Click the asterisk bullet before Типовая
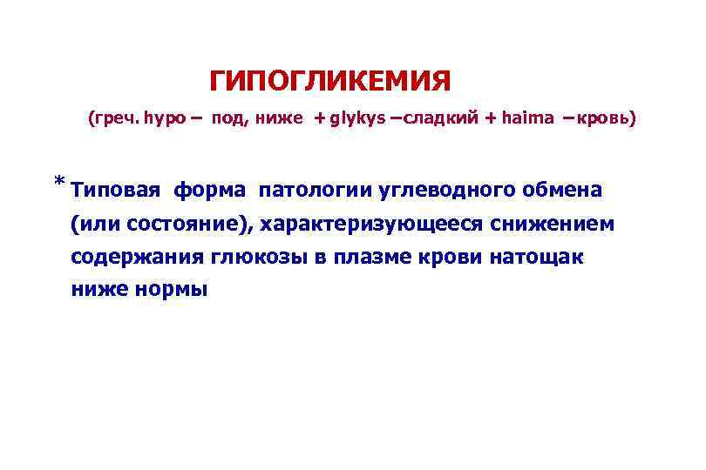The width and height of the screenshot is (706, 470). click(x=58, y=182)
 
